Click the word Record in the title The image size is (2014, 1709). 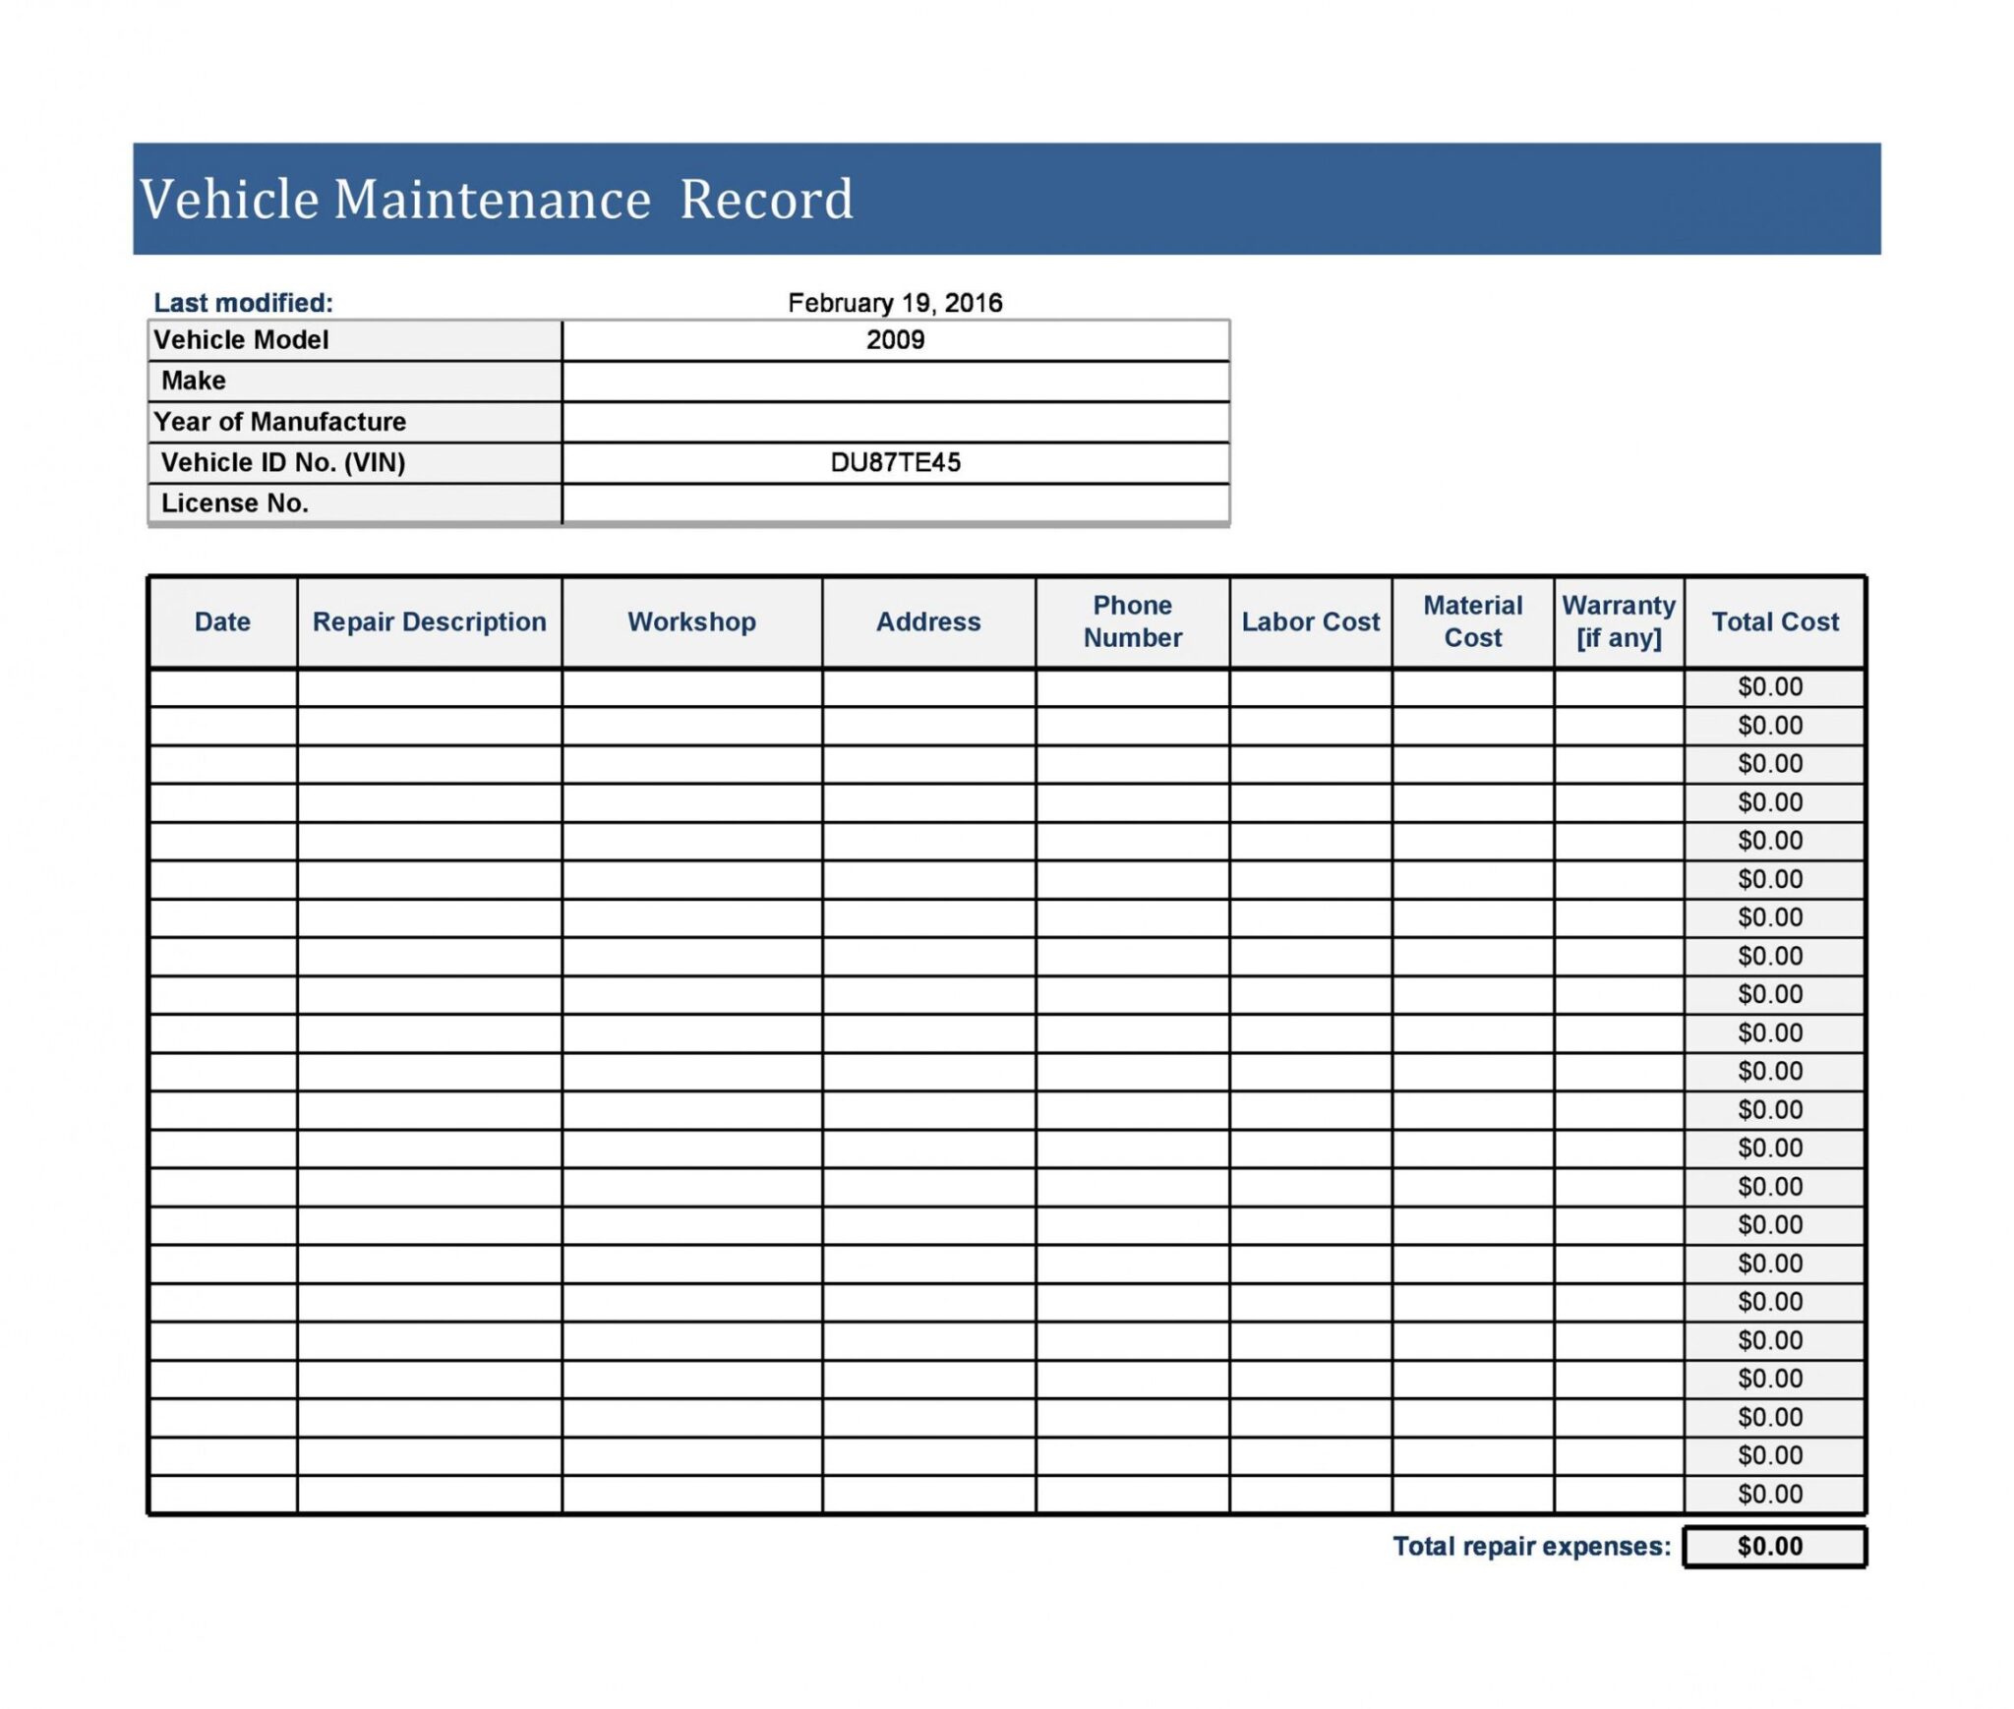[766, 200]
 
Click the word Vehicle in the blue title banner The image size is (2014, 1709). [229, 200]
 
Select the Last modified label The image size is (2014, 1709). [243, 303]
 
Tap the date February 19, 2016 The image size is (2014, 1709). [895, 303]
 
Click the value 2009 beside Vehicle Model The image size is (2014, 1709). [895, 340]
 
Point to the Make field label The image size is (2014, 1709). [194, 381]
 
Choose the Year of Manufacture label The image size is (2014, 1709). [279, 422]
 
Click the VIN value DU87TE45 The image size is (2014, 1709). [895, 462]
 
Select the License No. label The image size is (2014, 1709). [235, 503]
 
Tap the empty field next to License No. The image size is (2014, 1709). [895, 503]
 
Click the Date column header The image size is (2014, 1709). [222, 621]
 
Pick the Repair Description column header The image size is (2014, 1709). [429, 621]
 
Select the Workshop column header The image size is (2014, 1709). [691, 621]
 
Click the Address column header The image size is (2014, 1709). [928, 621]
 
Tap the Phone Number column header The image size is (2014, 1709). [1132, 621]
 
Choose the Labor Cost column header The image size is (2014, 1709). [1310, 621]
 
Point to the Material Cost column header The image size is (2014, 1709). [1472, 621]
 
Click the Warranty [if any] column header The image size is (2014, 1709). [1619, 621]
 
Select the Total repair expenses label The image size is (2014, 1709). [1531, 1547]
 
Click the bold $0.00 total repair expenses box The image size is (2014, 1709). [1770, 1547]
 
